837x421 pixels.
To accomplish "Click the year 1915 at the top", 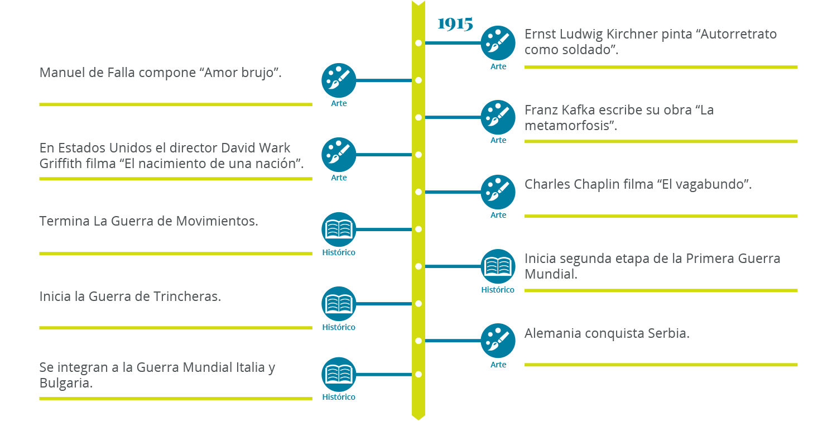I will pyautogui.click(x=455, y=24).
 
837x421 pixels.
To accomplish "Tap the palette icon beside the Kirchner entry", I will pyautogui.click(x=498, y=42).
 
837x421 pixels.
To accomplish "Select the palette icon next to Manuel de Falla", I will pyautogui.click(x=339, y=80).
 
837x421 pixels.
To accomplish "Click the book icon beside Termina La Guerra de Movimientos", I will pyautogui.click(x=339, y=229).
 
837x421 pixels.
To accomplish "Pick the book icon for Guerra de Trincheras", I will pyautogui.click(x=339, y=304).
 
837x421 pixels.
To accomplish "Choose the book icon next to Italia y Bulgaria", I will pyautogui.click(x=339, y=374).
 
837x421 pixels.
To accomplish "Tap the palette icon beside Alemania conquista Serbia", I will pyautogui.click(x=498, y=341).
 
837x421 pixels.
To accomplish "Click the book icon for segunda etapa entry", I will pyautogui.click(x=498, y=266).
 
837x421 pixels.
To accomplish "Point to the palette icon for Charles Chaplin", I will pyautogui.click(x=498, y=192).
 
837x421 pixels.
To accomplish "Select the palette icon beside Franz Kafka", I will pyautogui.click(x=498, y=117).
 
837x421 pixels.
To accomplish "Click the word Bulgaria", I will pyautogui.click(x=65, y=384).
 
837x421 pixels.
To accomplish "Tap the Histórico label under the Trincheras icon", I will pyautogui.click(x=339, y=327).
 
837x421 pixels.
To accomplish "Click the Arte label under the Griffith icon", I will pyautogui.click(x=339, y=178).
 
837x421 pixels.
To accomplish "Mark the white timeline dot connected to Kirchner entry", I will pyautogui.click(x=418, y=42).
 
